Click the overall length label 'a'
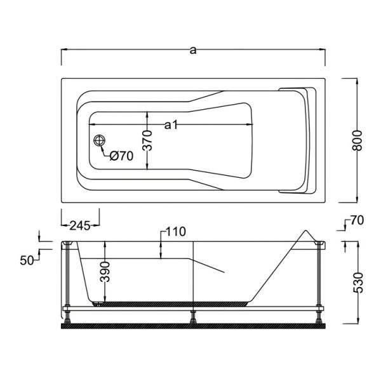tap(193, 50)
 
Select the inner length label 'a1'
tap(171, 125)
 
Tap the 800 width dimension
tap(357, 140)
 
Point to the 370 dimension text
tap(147, 140)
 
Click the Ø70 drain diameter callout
tap(121, 156)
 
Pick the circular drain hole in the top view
tap(100, 140)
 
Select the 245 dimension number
tap(80, 225)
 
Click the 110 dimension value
tap(176, 232)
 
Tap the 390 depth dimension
tap(105, 272)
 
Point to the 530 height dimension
tap(358, 283)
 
